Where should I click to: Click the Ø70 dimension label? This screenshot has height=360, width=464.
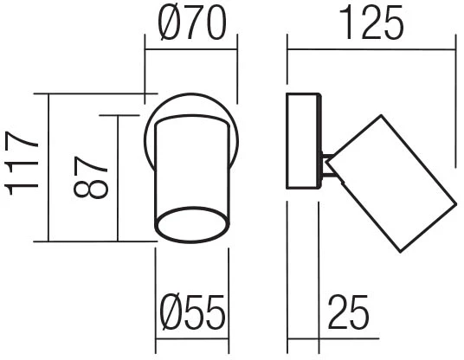(x=192, y=22)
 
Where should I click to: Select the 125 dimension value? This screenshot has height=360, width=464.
(x=371, y=22)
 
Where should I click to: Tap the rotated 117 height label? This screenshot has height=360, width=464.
(x=22, y=164)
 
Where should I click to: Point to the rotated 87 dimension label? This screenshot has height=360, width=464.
(x=91, y=177)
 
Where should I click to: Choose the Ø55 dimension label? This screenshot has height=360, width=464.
(x=192, y=312)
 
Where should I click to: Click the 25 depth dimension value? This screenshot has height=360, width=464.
(x=349, y=312)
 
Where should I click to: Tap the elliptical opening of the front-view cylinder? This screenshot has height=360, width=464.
(x=192, y=225)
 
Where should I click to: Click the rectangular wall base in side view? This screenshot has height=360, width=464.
(x=303, y=141)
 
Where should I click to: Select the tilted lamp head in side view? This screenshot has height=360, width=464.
(x=391, y=183)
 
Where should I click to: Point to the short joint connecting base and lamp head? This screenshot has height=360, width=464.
(x=328, y=166)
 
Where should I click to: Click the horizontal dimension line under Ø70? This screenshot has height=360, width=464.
(x=190, y=49)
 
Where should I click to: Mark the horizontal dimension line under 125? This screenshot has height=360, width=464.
(x=371, y=49)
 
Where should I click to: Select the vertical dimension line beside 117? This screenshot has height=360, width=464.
(x=48, y=168)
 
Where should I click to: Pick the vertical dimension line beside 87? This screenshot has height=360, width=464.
(x=118, y=178)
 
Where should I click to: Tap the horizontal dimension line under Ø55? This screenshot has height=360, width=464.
(x=192, y=339)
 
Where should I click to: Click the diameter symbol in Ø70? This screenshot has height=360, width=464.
(x=171, y=22)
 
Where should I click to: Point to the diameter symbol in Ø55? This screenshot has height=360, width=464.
(x=172, y=312)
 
